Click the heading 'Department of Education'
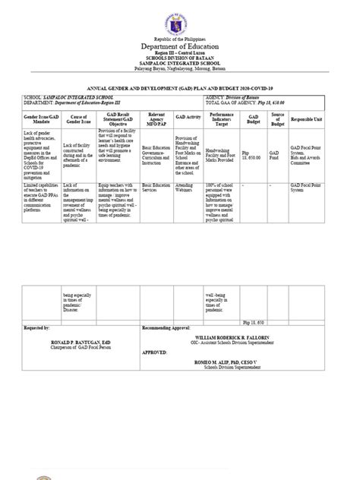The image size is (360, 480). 180,48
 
